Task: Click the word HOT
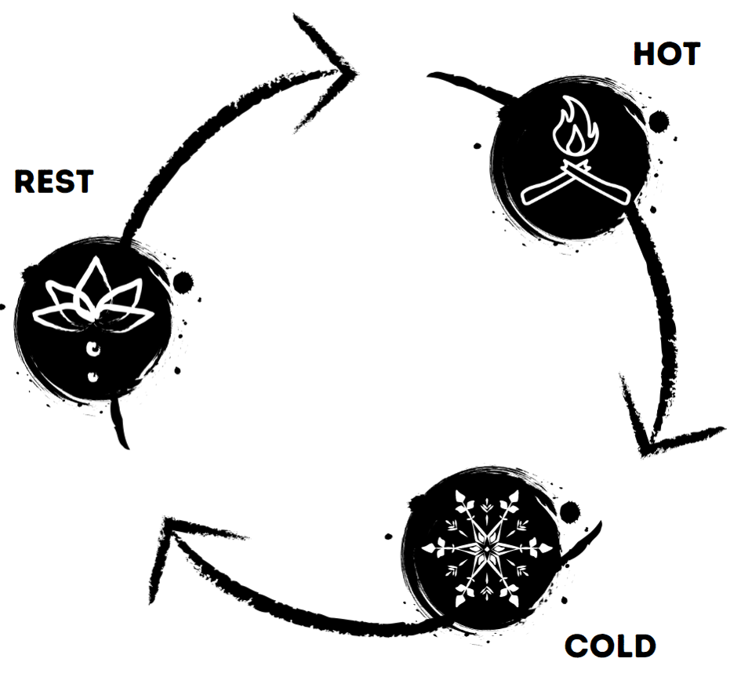tap(666, 55)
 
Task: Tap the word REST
tap(53, 182)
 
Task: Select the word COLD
tap(610, 646)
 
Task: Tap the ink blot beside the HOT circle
tap(659, 121)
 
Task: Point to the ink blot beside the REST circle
tap(183, 281)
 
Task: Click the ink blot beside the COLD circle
tap(570, 512)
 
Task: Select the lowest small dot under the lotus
tap(93, 377)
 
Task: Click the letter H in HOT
tap(645, 55)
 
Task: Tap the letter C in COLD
tap(576, 646)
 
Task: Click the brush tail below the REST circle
tap(119, 427)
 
